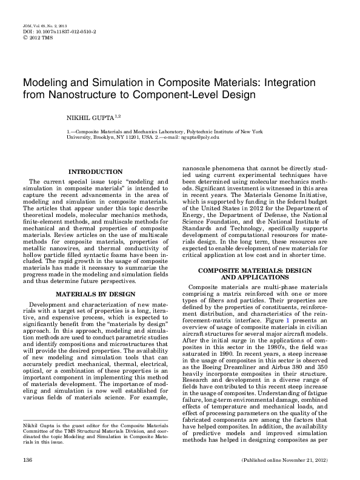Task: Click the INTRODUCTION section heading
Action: pos(96,172)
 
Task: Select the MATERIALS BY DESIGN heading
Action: pos(96,294)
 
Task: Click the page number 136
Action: pos(27,461)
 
